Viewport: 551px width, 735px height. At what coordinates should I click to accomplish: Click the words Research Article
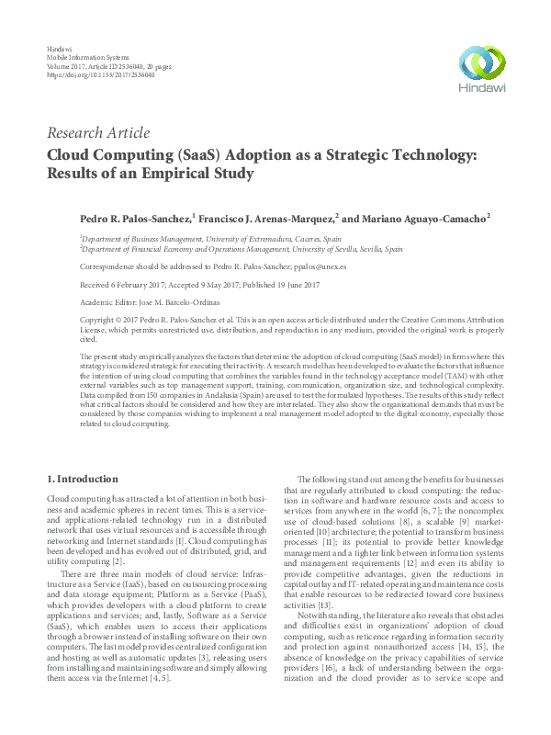pyautogui.click(x=98, y=133)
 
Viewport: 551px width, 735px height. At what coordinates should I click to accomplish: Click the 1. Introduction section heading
pyautogui.click(x=82, y=479)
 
